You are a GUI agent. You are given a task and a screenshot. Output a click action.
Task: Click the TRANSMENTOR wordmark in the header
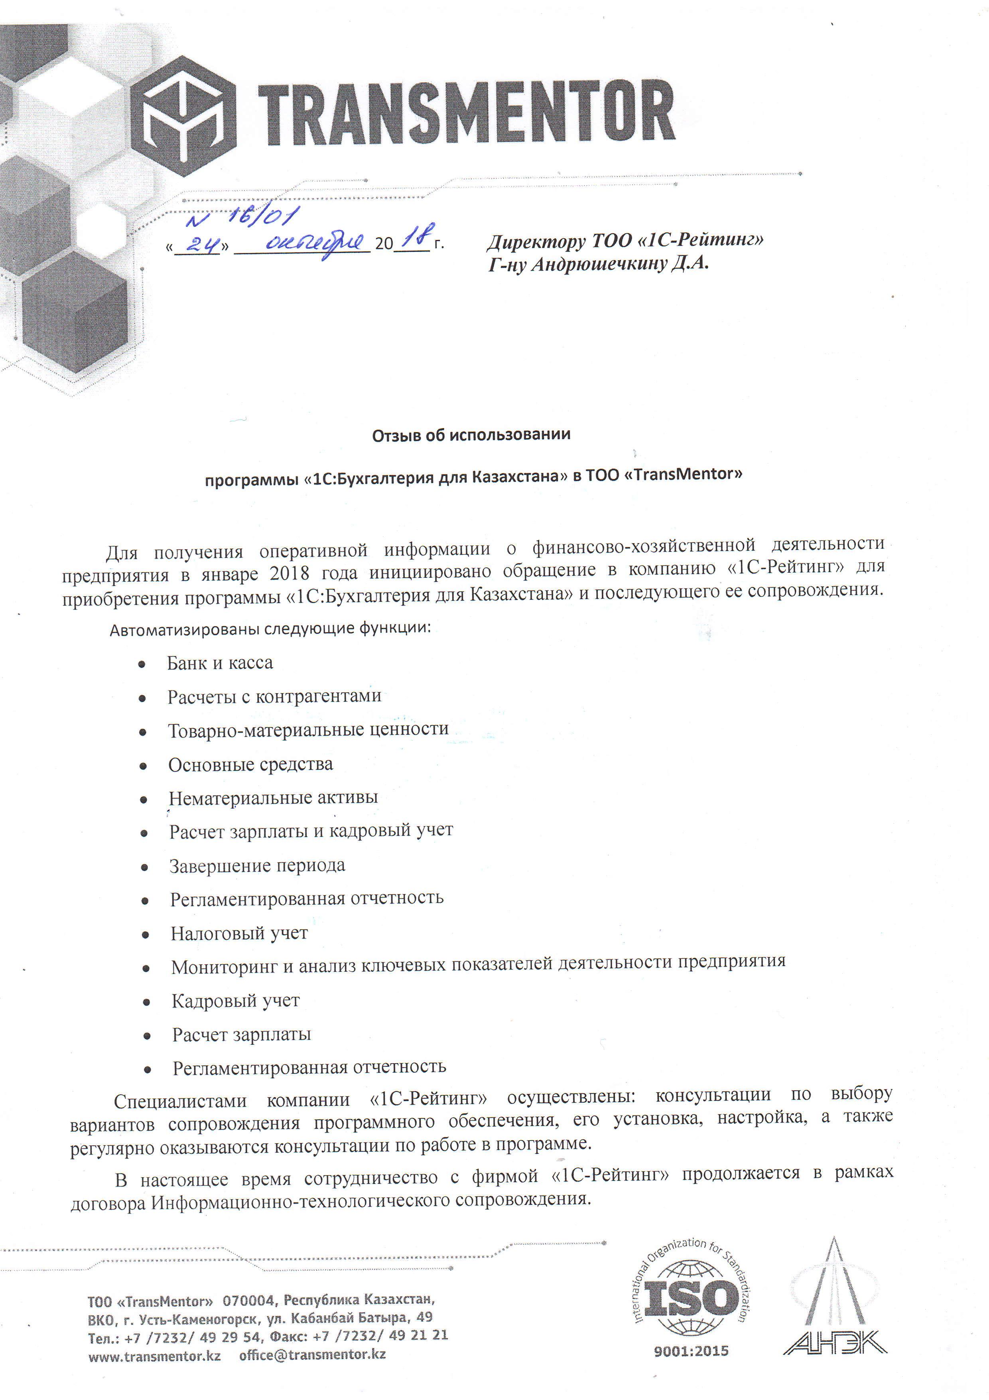coord(466,114)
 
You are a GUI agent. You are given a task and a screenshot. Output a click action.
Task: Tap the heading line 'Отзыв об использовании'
coord(471,435)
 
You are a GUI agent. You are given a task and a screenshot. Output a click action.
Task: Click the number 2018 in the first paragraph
coord(290,573)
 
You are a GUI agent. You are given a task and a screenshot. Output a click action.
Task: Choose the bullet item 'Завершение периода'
coord(257,866)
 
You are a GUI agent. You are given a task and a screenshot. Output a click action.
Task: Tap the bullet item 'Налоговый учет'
coord(239,933)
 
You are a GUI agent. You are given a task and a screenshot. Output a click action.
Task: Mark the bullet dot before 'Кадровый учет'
coord(146,1002)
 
